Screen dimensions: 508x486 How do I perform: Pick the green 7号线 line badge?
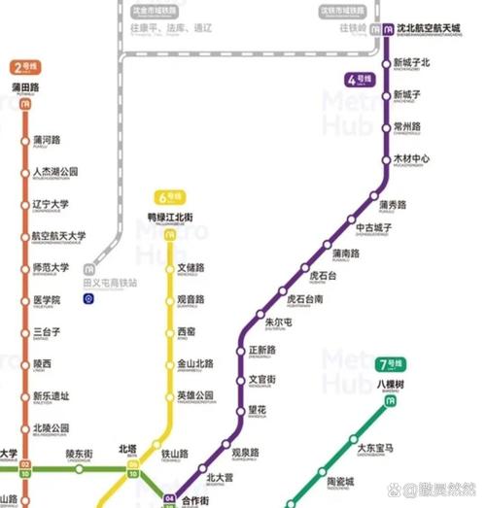(x=390, y=365)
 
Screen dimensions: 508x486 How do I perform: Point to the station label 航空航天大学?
(x=58, y=236)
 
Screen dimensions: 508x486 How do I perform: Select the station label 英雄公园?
(x=194, y=395)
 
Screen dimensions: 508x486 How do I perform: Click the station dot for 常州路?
(x=385, y=128)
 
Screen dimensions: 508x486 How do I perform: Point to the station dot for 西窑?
(x=170, y=333)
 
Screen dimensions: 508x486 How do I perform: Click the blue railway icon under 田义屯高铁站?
(x=88, y=297)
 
